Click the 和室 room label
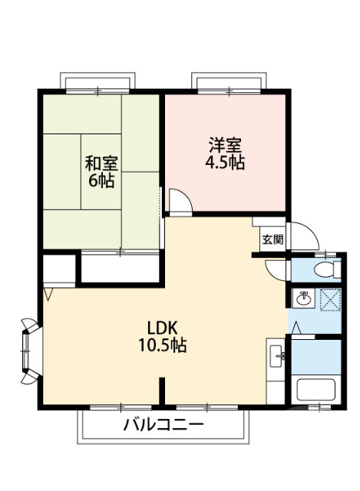click(101, 163)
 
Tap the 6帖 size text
click(101, 182)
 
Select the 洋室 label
click(225, 144)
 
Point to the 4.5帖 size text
click(225, 163)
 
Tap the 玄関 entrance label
click(272, 239)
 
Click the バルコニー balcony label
click(163, 424)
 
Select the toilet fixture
click(329, 269)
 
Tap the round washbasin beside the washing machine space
click(303, 298)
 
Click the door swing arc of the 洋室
click(180, 203)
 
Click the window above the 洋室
click(230, 83)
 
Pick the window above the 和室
click(98, 83)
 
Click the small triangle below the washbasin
click(299, 327)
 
